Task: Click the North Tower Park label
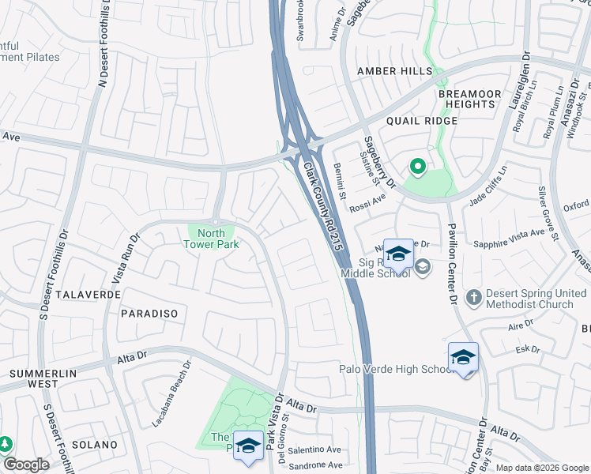click(x=211, y=239)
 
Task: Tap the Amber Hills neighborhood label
click(x=394, y=71)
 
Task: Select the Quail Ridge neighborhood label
click(x=422, y=121)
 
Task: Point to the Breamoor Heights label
click(x=470, y=99)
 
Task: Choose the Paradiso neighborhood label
click(x=149, y=314)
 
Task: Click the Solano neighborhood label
click(x=94, y=445)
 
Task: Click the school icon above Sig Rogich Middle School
click(x=399, y=254)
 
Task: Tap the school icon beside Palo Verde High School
click(x=463, y=356)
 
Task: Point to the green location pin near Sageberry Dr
click(x=416, y=167)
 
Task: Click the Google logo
click(x=26, y=465)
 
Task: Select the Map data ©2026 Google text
click(x=542, y=468)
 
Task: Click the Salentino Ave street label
click(x=314, y=450)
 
